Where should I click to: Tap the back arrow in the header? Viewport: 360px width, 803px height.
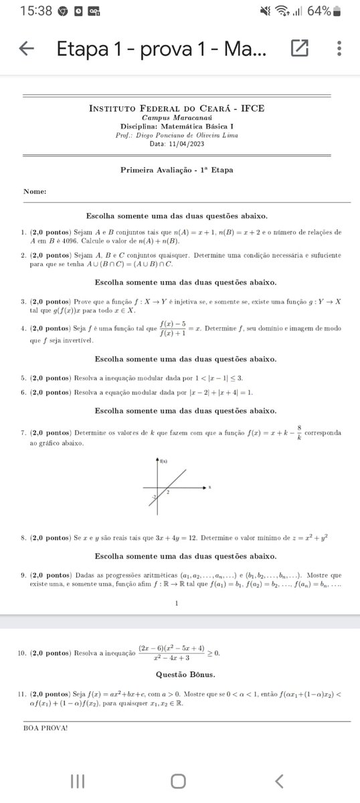(x=27, y=48)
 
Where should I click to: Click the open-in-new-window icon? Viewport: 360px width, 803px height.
(x=299, y=48)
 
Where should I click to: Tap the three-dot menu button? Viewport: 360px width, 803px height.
(x=340, y=48)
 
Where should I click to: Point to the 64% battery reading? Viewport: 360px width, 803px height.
(x=319, y=11)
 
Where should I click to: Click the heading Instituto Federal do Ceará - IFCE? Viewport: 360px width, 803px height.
(x=177, y=109)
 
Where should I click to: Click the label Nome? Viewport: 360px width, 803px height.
(x=35, y=191)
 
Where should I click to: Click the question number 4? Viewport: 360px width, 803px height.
(x=23, y=328)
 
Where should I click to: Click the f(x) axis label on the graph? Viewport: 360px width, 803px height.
(x=164, y=461)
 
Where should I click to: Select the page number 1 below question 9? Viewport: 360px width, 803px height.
(x=177, y=603)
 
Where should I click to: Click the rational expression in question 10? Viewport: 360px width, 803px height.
(x=171, y=652)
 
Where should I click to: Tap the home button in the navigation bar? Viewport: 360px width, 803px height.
(x=178, y=781)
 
